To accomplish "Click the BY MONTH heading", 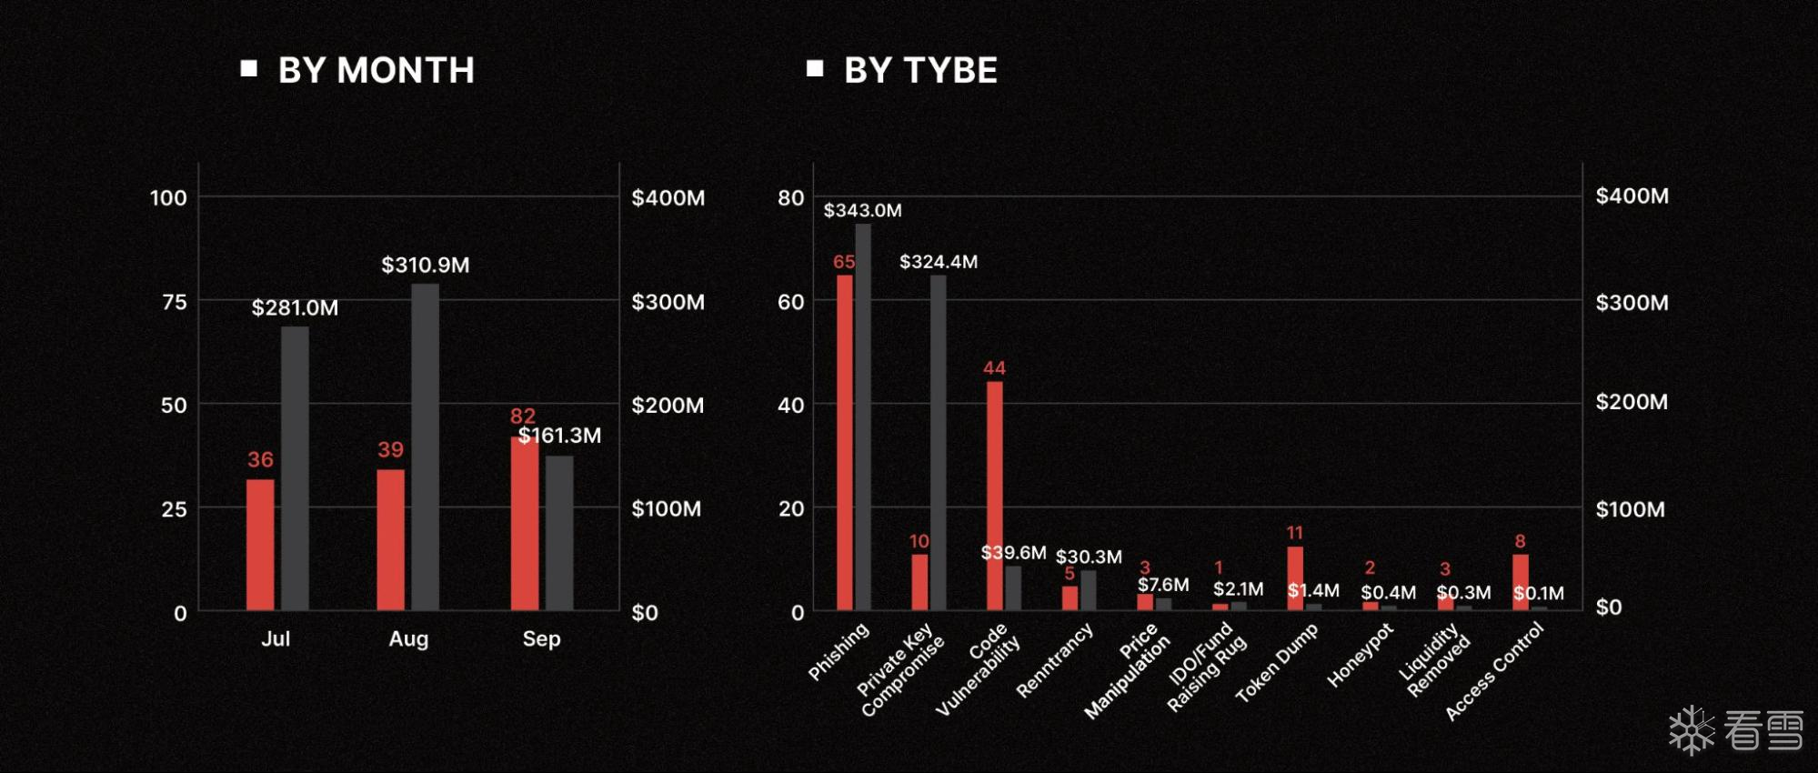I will pyautogui.click(x=376, y=70).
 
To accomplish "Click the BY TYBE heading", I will pyautogui.click(x=919, y=70).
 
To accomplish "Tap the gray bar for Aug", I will pyautogui.click(x=425, y=446).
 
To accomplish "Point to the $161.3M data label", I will pyautogui.click(x=560, y=436).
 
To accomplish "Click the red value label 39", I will pyautogui.click(x=390, y=449).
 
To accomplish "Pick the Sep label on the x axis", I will pyautogui.click(x=541, y=638).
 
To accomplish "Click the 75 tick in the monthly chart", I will pyautogui.click(x=174, y=302).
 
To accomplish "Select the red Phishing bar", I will pyautogui.click(x=845, y=442).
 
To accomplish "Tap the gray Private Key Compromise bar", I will pyautogui.click(x=938, y=442).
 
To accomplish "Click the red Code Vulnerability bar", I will pyautogui.click(x=995, y=496).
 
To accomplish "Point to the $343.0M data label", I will pyautogui.click(x=862, y=210).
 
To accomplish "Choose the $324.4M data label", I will pyautogui.click(x=938, y=262).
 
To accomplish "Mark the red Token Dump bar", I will pyautogui.click(x=1295, y=577).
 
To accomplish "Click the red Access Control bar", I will pyautogui.click(x=1521, y=582).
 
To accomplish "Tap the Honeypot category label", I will pyautogui.click(x=1360, y=655).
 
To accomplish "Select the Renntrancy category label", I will pyautogui.click(x=1054, y=660).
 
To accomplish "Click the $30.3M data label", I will pyautogui.click(x=1089, y=557).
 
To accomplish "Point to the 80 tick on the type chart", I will pyautogui.click(x=790, y=197).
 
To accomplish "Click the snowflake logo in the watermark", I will pyautogui.click(x=1691, y=730).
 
